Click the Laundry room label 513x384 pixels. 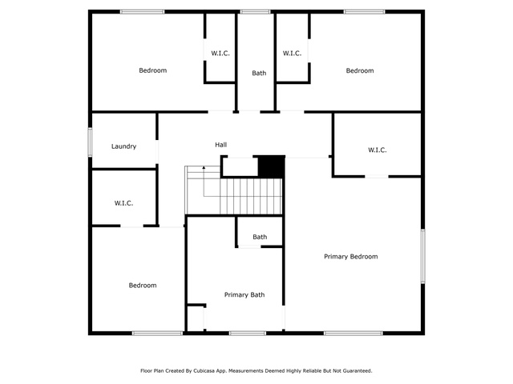pyautogui.click(x=123, y=146)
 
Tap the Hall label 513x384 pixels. pyautogui.click(x=221, y=145)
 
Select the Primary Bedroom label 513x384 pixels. pyautogui.click(x=351, y=257)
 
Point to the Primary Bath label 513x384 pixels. pyautogui.click(x=244, y=295)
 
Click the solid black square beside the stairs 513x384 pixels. pyautogui.click(x=272, y=166)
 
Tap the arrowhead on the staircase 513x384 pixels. pyautogui.click(x=204, y=167)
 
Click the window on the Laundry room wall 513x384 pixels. pyautogui.click(x=90, y=142)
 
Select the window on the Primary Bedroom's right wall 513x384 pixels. pyautogui.click(x=422, y=256)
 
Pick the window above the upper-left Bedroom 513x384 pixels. pyautogui.click(x=143, y=12)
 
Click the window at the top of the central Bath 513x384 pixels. pyautogui.click(x=256, y=12)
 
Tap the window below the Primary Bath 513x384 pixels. pyautogui.click(x=248, y=333)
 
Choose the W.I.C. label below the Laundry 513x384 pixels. pyautogui.click(x=123, y=203)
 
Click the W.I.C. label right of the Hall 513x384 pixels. pyautogui.click(x=378, y=150)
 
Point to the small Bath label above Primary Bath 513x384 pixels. pyautogui.click(x=260, y=237)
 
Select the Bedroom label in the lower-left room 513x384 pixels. pyautogui.click(x=143, y=286)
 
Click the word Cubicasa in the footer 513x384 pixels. pyautogui.click(x=204, y=370)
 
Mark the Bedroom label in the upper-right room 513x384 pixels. pyautogui.click(x=360, y=70)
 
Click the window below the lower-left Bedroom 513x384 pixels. pyautogui.click(x=157, y=333)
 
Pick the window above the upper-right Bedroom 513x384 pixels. pyautogui.click(x=365, y=12)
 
